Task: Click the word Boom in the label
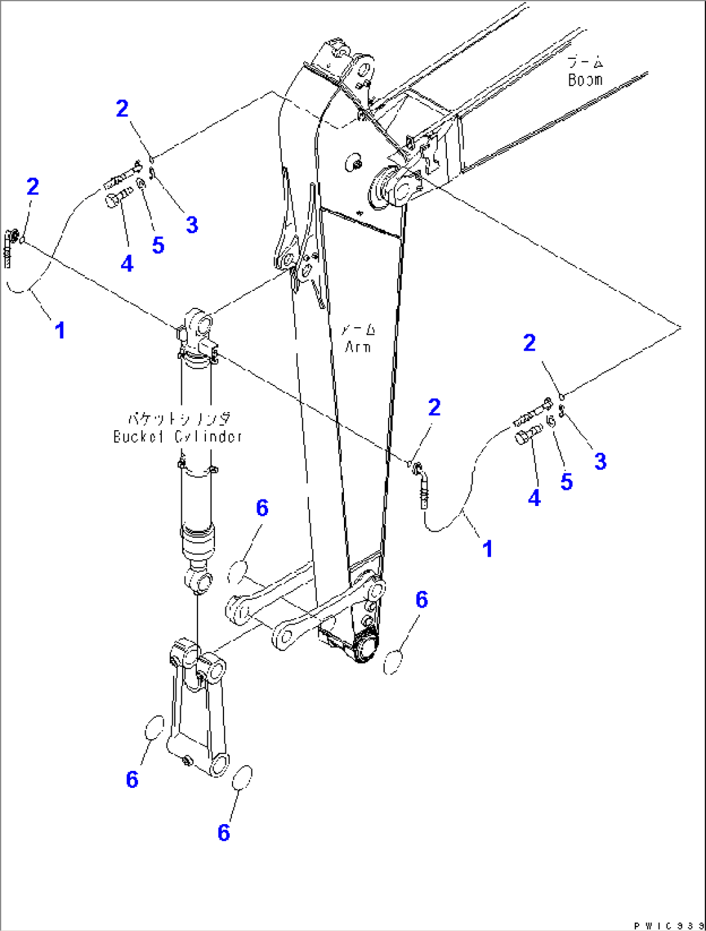coord(585,80)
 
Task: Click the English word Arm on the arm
coord(358,347)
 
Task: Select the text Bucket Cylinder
coord(177,436)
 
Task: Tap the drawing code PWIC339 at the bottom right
coord(668,925)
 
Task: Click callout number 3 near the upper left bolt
coord(192,225)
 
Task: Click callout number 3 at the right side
coord(600,461)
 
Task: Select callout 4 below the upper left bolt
coord(127,263)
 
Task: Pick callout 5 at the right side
coord(566,481)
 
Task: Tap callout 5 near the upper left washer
coord(158,245)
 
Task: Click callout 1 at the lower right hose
coord(488,549)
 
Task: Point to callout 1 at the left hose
coord(60,330)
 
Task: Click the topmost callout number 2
coord(122,108)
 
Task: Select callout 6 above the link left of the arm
coord(262,508)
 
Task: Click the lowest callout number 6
coord(223,832)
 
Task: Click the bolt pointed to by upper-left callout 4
coord(115,198)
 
